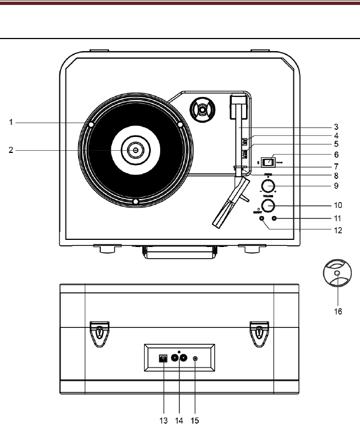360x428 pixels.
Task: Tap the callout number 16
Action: [x=338, y=311]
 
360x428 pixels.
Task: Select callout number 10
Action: [x=339, y=205]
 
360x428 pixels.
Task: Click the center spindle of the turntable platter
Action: [x=134, y=149]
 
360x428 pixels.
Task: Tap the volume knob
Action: [x=268, y=206]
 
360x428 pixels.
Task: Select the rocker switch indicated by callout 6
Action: [x=268, y=162]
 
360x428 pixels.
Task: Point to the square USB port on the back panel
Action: [x=163, y=358]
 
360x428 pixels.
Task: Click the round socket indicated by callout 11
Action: [x=274, y=219]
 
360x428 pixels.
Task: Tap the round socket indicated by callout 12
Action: [x=261, y=219]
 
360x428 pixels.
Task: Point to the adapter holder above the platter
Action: [x=200, y=111]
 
